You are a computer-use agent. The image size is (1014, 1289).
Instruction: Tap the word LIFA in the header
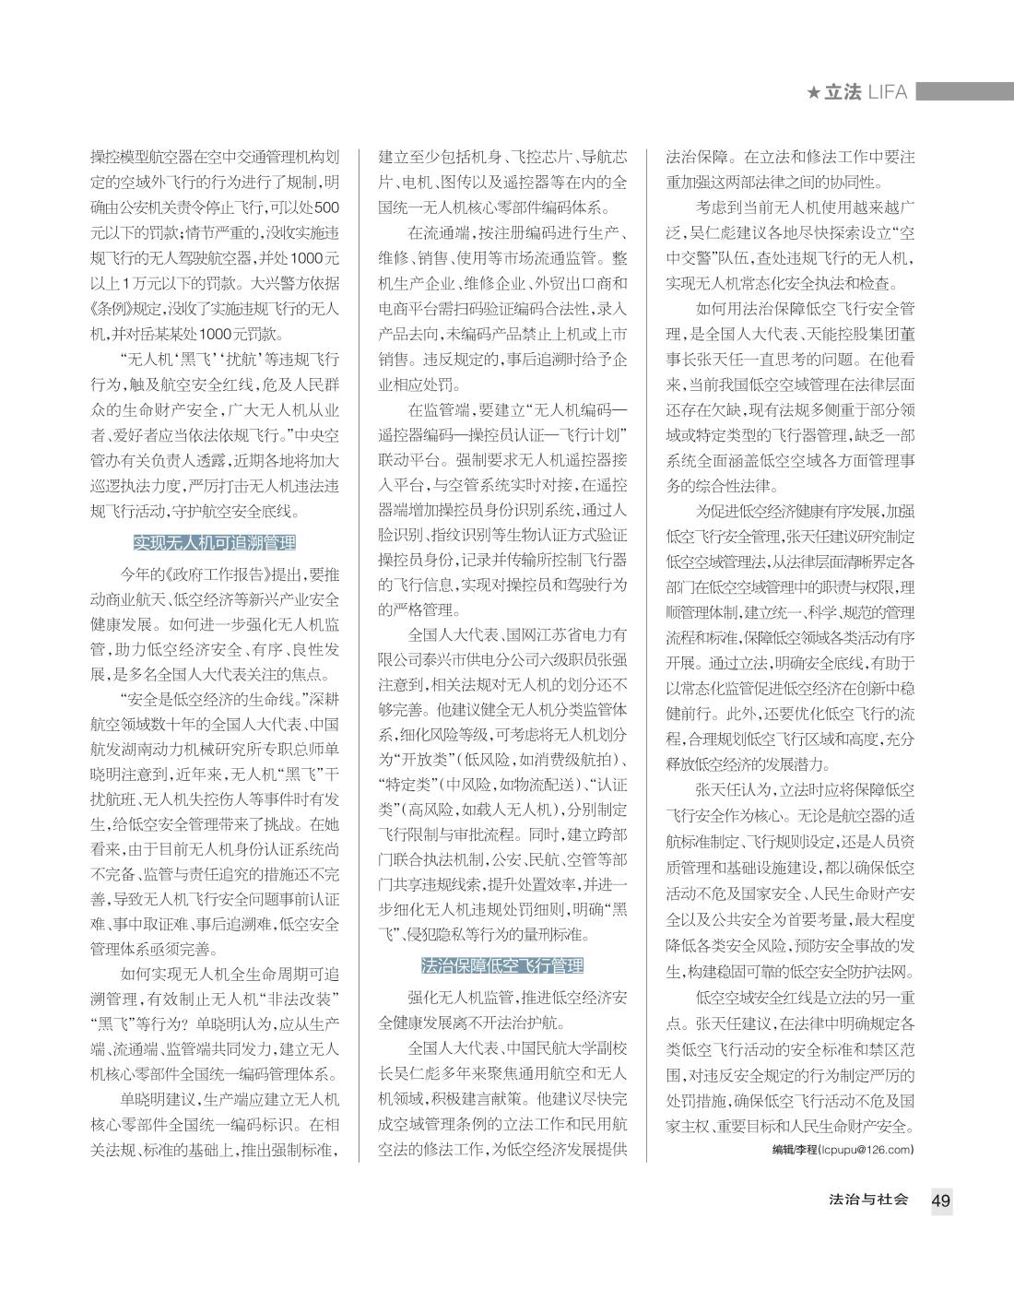pyautogui.click(x=887, y=92)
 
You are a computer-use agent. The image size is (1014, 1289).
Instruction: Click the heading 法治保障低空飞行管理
pyautogui.click(x=502, y=965)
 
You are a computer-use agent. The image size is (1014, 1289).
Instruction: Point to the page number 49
pyautogui.click(x=941, y=1200)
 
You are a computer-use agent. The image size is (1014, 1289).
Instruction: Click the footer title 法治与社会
pyautogui.click(x=868, y=1200)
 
